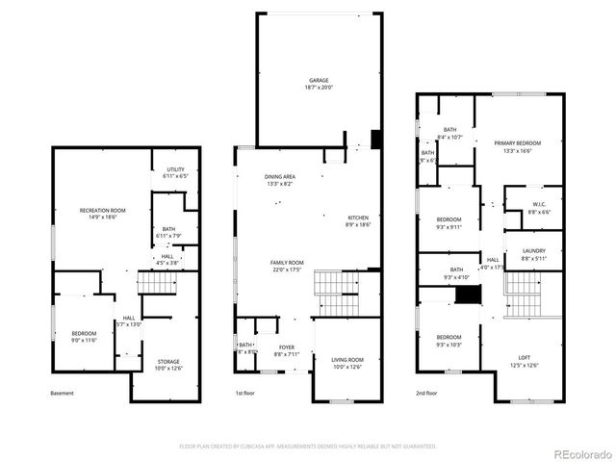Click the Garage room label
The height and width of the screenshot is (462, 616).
click(x=319, y=80)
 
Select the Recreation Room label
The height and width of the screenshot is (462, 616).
click(x=103, y=210)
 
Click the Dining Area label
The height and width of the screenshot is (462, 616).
click(x=280, y=177)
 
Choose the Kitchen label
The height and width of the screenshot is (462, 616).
click(x=357, y=218)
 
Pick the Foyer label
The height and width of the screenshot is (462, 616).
click(x=287, y=346)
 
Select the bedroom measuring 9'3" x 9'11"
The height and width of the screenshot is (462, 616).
click(x=449, y=227)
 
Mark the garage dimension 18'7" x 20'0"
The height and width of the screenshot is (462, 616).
click(x=319, y=88)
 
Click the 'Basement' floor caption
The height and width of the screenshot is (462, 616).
click(x=62, y=393)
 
